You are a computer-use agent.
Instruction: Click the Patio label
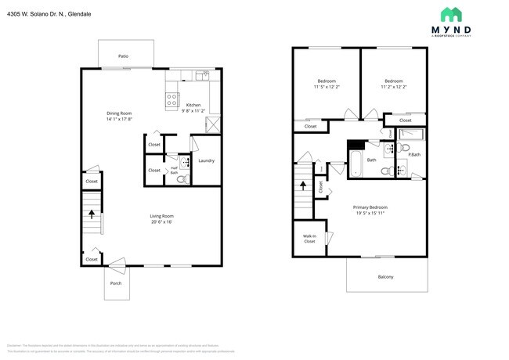click(123, 56)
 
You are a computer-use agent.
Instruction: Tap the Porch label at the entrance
click(115, 285)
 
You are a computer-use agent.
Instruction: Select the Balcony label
click(385, 277)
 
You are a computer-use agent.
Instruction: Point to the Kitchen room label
click(193, 105)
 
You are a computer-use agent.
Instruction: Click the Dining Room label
click(119, 113)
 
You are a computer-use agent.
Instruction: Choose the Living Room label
click(161, 216)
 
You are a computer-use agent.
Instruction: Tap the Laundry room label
click(206, 161)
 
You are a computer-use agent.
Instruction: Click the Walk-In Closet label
click(309, 239)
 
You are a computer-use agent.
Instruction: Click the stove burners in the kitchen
click(172, 99)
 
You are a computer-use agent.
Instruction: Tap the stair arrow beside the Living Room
click(92, 213)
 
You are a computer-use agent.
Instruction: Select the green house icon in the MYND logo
click(451, 15)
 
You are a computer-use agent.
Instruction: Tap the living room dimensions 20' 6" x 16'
click(161, 222)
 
